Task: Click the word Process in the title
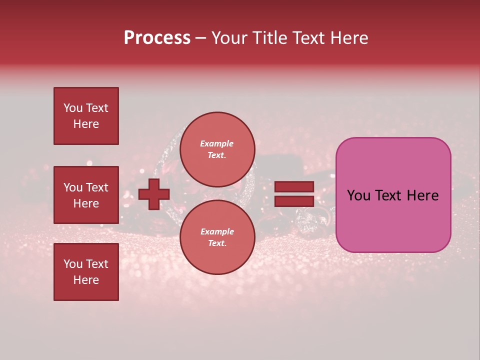pos(157,38)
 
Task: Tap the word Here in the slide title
pos(347,38)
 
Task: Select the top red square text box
pos(86,116)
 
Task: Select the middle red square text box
pos(86,195)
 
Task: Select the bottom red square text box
pos(86,272)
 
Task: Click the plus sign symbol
pos(154,194)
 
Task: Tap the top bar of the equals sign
pos(294,186)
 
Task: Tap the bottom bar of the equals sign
pos(294,201)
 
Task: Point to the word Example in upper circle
pos(217,144)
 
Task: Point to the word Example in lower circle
pos(217,232)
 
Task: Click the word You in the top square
pos(73,108)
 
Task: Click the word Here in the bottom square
pos(86,280)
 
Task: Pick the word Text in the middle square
pos(96,187)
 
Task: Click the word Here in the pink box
pos(422,195)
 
